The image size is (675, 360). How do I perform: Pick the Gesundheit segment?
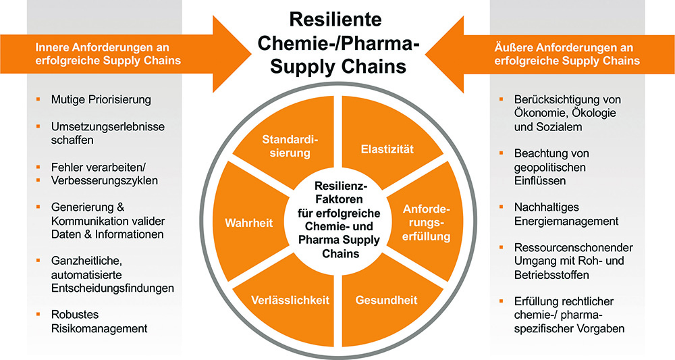tap(387, 299)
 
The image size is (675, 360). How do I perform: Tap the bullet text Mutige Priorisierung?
tap(101, 99)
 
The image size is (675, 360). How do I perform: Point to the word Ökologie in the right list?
tap(593, 113)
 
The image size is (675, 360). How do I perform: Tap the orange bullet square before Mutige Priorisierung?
tap(39, 99)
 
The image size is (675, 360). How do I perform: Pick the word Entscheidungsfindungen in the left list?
tap(113, 288)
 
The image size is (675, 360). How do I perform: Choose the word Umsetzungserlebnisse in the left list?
tap(108, 126)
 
